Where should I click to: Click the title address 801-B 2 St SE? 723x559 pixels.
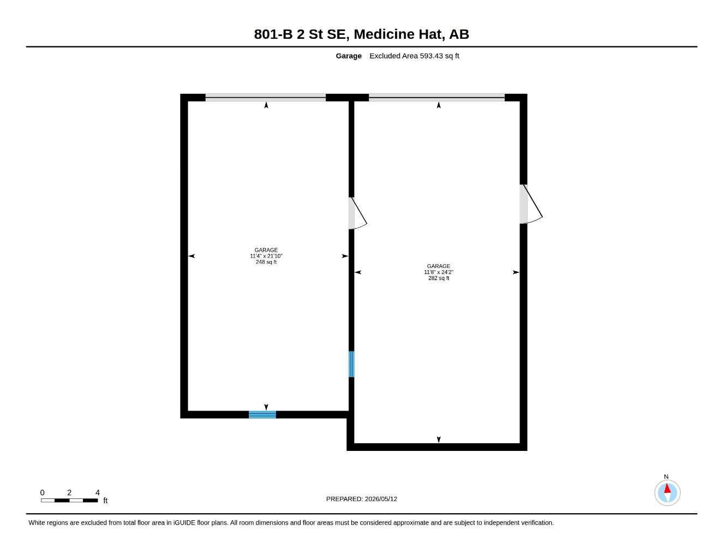tap(301, 34)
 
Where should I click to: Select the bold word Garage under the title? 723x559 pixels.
tap(348, 56)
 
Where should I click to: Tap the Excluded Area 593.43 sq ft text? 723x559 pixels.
tap(414, 56)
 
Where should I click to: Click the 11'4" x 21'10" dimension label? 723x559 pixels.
tap(266, 256)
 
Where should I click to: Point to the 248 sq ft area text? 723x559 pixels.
tap(266, 262)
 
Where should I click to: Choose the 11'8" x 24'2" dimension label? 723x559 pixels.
tap(439, 272)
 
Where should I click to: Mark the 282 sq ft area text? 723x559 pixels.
tap(439, 278)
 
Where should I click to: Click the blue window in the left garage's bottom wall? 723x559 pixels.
tap(262, 414)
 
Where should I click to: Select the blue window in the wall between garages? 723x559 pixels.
tap(351, 364)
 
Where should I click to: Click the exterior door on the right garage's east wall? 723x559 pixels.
tap(531, 204)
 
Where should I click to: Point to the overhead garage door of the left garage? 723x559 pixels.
tap(266, 98)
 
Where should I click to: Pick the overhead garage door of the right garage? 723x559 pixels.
tap(437, 98)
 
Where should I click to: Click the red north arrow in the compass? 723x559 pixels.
tap(667, 488)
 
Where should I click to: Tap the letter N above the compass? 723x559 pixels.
tap(666, 477)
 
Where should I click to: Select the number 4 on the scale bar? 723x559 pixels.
tap(98, 492)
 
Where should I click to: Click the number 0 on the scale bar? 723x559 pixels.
tap(42, 492)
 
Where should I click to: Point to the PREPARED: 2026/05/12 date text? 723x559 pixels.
tap(361, 499)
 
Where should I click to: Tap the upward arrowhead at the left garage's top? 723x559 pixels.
tap(266, 105)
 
